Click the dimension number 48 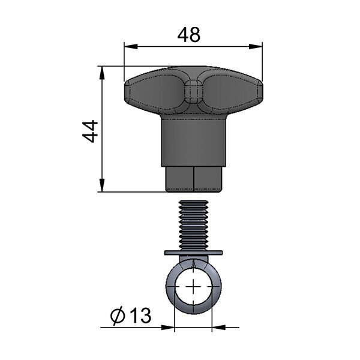(189, 35)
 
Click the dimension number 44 (90, 131)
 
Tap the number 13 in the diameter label (140, 315)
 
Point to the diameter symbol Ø (118, 316)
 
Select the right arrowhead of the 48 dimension (256, 46)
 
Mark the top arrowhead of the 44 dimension (102, 73)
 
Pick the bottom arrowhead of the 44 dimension (102, 185)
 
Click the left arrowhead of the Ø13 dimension (168, 328)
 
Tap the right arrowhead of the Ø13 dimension (218, 328)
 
